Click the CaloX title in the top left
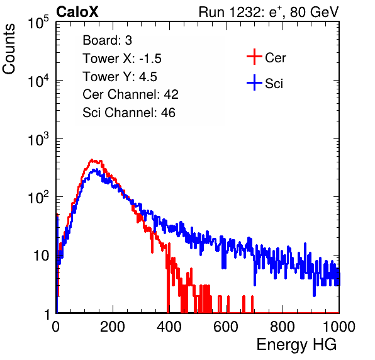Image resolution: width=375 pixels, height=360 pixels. point(77,12)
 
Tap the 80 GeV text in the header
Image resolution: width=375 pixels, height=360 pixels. point(314,13)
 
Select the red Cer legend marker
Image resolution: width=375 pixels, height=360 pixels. point(254,57)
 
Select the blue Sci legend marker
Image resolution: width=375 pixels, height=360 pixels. point(254,83)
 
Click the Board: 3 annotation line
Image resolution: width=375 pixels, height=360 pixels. point(108,40)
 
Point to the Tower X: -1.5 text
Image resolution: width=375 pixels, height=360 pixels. point(122,59)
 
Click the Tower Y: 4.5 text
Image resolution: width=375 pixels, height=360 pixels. point(120,77)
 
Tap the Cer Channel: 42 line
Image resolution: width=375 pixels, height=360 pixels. point(131,94)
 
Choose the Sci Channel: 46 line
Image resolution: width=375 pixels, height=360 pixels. point(129,113)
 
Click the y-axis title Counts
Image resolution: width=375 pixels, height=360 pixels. point(9,49)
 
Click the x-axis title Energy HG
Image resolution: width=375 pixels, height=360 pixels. point(296,344)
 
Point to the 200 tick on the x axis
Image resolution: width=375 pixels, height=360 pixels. point(113,327)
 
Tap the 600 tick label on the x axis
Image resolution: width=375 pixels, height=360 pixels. point(226,327)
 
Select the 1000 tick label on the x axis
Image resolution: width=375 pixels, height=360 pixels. point(339,327)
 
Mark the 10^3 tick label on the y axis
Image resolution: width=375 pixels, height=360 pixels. point(38,139)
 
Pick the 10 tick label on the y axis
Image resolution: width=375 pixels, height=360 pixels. point(42,256)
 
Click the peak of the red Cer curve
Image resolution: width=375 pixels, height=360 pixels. point(92,160)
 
